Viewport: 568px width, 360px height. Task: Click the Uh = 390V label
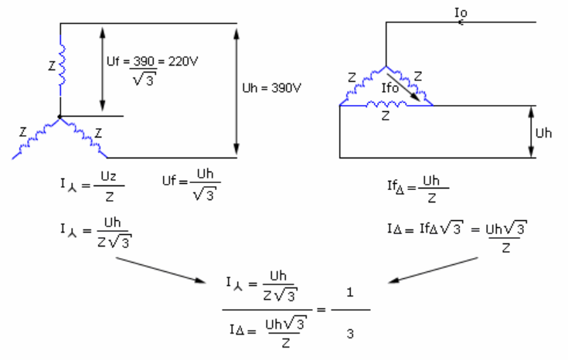point(272,88)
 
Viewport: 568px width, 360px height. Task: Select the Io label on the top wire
point(461,12)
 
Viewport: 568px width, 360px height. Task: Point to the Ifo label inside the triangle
point(389,87)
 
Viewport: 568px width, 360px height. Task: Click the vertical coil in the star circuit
point(63,65)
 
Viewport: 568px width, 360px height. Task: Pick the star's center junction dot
point(60,116)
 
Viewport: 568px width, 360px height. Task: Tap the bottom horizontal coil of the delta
point(386,104)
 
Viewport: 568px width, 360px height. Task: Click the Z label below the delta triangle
point(386,116)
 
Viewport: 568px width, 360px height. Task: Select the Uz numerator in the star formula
point(108,176)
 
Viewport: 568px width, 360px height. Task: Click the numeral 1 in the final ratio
point(349,292)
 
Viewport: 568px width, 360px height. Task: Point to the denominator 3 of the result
point(349,334)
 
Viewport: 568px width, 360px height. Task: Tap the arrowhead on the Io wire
point(461,22)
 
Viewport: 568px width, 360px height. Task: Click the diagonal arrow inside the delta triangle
point(403,87)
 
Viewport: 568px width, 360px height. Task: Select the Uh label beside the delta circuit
point(543,134)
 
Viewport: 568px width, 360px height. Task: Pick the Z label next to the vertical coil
point(53,66)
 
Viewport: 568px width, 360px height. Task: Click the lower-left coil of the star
point(37,137)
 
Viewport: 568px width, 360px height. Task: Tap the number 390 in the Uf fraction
point(144,61)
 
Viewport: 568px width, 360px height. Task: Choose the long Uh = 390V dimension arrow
point(236,92)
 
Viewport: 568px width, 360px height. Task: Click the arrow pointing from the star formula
point(161,270)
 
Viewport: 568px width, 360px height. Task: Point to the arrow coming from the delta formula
point(434,270)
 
